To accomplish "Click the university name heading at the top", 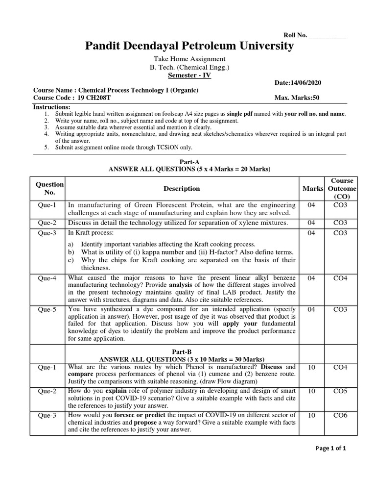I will click(x=189, y=46).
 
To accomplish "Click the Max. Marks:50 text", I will click(x=297, y=98).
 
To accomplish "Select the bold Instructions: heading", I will click(x=51, y=107).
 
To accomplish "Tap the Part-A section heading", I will click(x=189, y=161).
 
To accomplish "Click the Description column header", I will click(x=182, y=188).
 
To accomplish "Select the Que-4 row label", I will click(x=47, y=278).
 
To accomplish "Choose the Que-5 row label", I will click(x=47, y=309).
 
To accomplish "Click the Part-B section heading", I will click(x=189, y=351).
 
